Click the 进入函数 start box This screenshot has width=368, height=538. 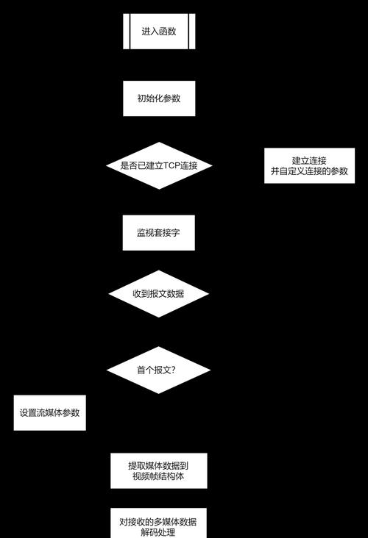click(x=159, y=31)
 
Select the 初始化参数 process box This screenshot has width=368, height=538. click(x=159, y=98)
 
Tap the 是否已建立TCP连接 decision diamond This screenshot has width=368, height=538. click(x=159, y=165)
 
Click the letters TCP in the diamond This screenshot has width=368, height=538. click(x=171, y=165)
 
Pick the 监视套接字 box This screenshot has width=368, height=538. click(x=159, y=233)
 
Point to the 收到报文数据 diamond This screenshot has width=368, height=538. click(x=158, y=294)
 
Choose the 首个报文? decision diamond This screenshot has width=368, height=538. click(x=158, y=370)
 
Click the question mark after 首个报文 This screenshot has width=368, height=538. click(x=173, y=370)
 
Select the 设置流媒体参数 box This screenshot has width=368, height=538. click(x=50, y=413)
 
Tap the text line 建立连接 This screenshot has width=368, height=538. click(x=309, y=160)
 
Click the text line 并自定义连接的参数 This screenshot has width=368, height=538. click(x=309, y=171)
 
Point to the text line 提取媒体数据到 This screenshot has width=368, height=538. click(x=158, y=465)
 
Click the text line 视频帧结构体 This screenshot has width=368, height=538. click(x=158, y=476)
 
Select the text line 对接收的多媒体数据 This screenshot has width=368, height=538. click(x=158, y=522)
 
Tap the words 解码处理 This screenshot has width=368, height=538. click(x=158, y=532)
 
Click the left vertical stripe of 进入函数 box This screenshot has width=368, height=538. click(x=127, y=31)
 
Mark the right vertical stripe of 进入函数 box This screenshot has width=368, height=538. click(x=192, y=31)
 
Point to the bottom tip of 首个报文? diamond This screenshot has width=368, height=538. click(x=158, y=394)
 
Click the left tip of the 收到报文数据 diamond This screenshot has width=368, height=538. click(x=108, y=294)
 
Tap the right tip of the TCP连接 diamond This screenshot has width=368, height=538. click(x=212, y=165)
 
